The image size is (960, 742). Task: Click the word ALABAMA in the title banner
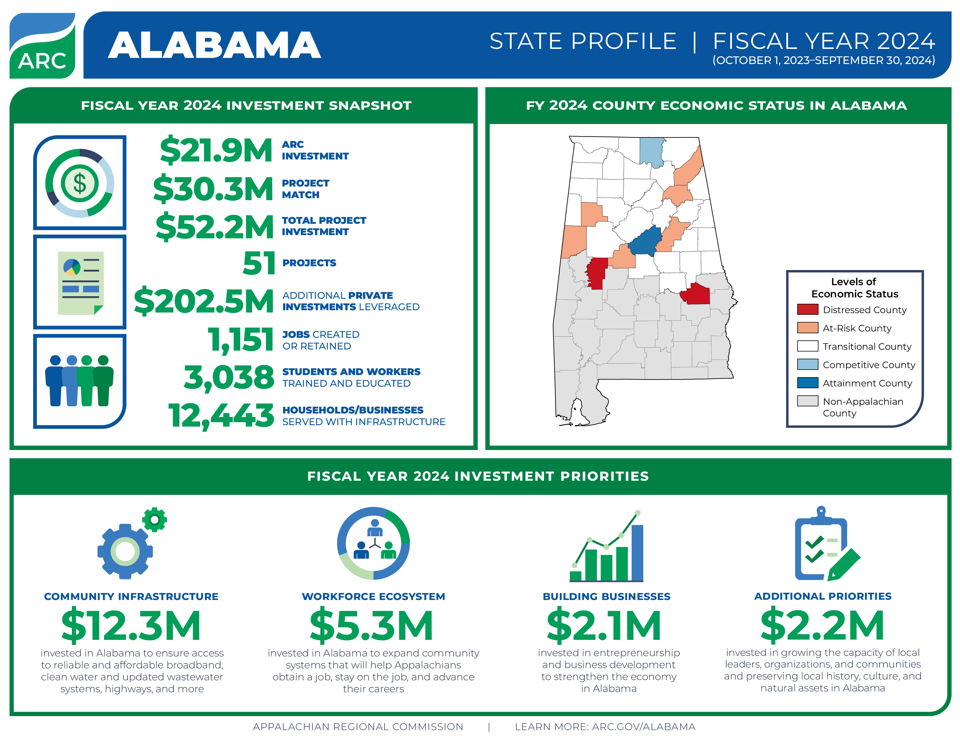point(214,45)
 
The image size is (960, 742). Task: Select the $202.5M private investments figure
point(204,301)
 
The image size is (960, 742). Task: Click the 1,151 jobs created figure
point(241,340)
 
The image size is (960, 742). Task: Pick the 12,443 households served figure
point(221,416)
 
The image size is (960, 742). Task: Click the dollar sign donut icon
point(79,183)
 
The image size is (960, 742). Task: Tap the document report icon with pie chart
point(81,283)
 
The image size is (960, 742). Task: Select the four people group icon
point(79,381)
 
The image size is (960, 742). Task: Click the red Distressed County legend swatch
point(808,310)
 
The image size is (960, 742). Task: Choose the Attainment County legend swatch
point(808,383)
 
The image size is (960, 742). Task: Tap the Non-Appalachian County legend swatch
point(808,401)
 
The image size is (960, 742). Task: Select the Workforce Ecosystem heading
point(373,597)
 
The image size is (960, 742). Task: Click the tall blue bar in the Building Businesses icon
point(637,553)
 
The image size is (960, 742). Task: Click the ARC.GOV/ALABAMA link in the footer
point(643,727)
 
